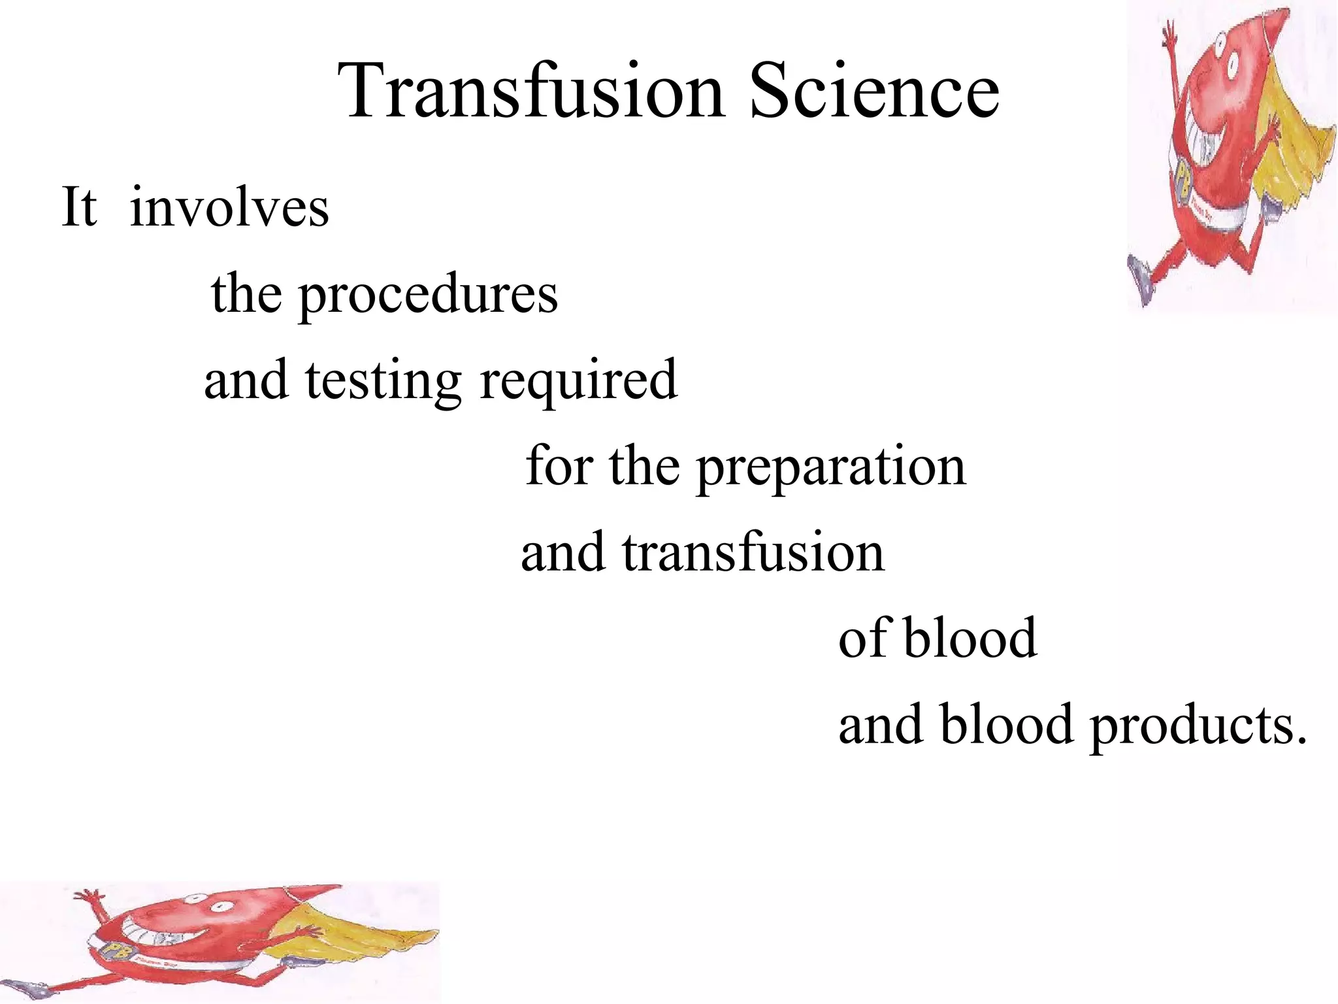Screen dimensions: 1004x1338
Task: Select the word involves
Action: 229,208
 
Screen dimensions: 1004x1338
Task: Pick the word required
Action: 579,381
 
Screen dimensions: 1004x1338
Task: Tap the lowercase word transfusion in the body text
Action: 753,553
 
